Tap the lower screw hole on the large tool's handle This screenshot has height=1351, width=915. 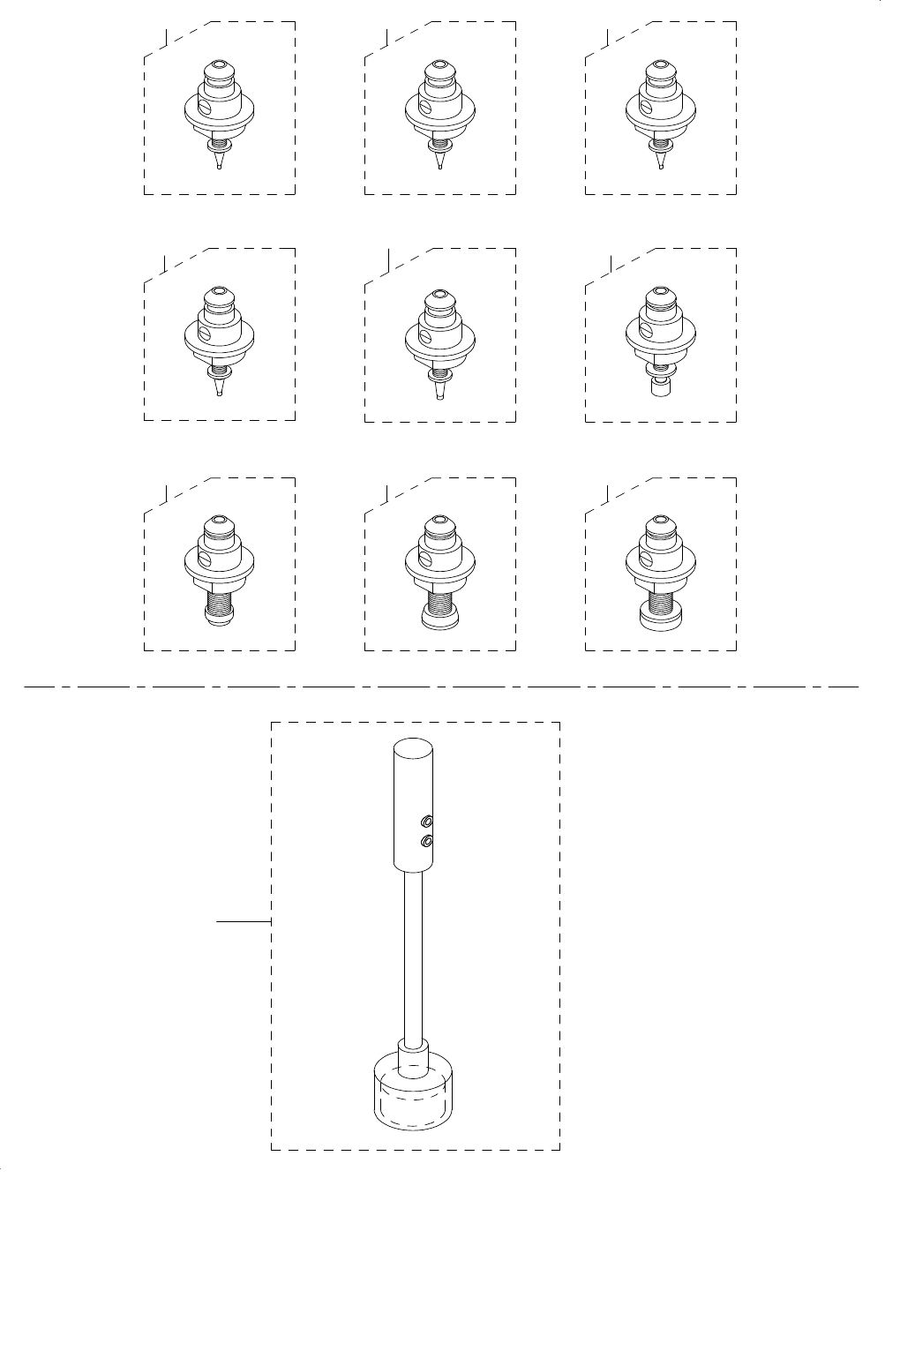(427, 842)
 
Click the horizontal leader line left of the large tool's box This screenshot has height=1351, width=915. (244, 921)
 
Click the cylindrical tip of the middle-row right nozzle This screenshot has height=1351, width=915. (659, 387)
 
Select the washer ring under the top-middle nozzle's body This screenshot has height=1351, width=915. (439, 145)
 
